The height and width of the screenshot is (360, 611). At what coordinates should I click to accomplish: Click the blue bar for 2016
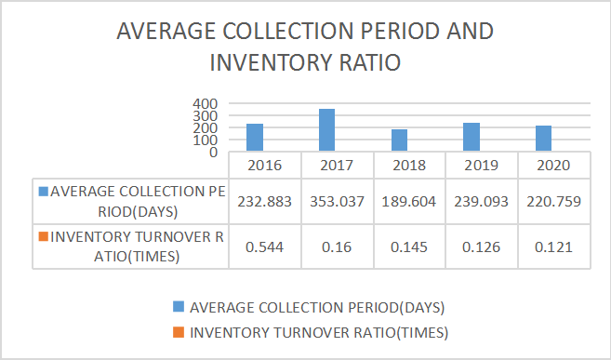pyautogui.click(x=255, y=137)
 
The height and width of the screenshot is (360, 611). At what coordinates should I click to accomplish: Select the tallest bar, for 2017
pyautogui.click(x=327, y=129)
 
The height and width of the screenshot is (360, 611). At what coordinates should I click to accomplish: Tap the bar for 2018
pyautogui.click(x=399, y=140)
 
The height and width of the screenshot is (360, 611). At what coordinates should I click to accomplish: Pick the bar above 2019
pyautogui.click(x=472, y=136)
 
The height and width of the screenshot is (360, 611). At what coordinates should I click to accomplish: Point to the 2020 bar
pyautogui.click(x=543, y=138)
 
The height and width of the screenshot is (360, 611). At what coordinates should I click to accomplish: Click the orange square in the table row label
pyautogui.click(x=44, y=236)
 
